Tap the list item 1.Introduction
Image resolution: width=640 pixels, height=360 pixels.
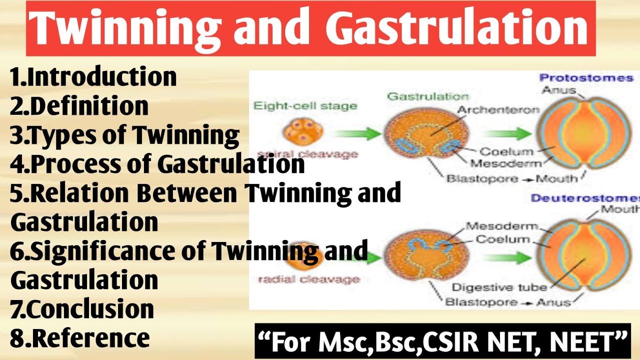[93, 77]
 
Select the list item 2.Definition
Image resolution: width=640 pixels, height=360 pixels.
[79, 106]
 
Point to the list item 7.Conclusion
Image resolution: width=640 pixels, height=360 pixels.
[82, 309]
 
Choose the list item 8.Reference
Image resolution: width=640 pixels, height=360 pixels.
[80, 338]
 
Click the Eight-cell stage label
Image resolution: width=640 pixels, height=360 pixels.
[305, 105]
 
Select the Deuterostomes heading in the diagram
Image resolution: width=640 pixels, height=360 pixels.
[585, 198]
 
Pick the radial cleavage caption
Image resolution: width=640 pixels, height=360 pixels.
[308, 279]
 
